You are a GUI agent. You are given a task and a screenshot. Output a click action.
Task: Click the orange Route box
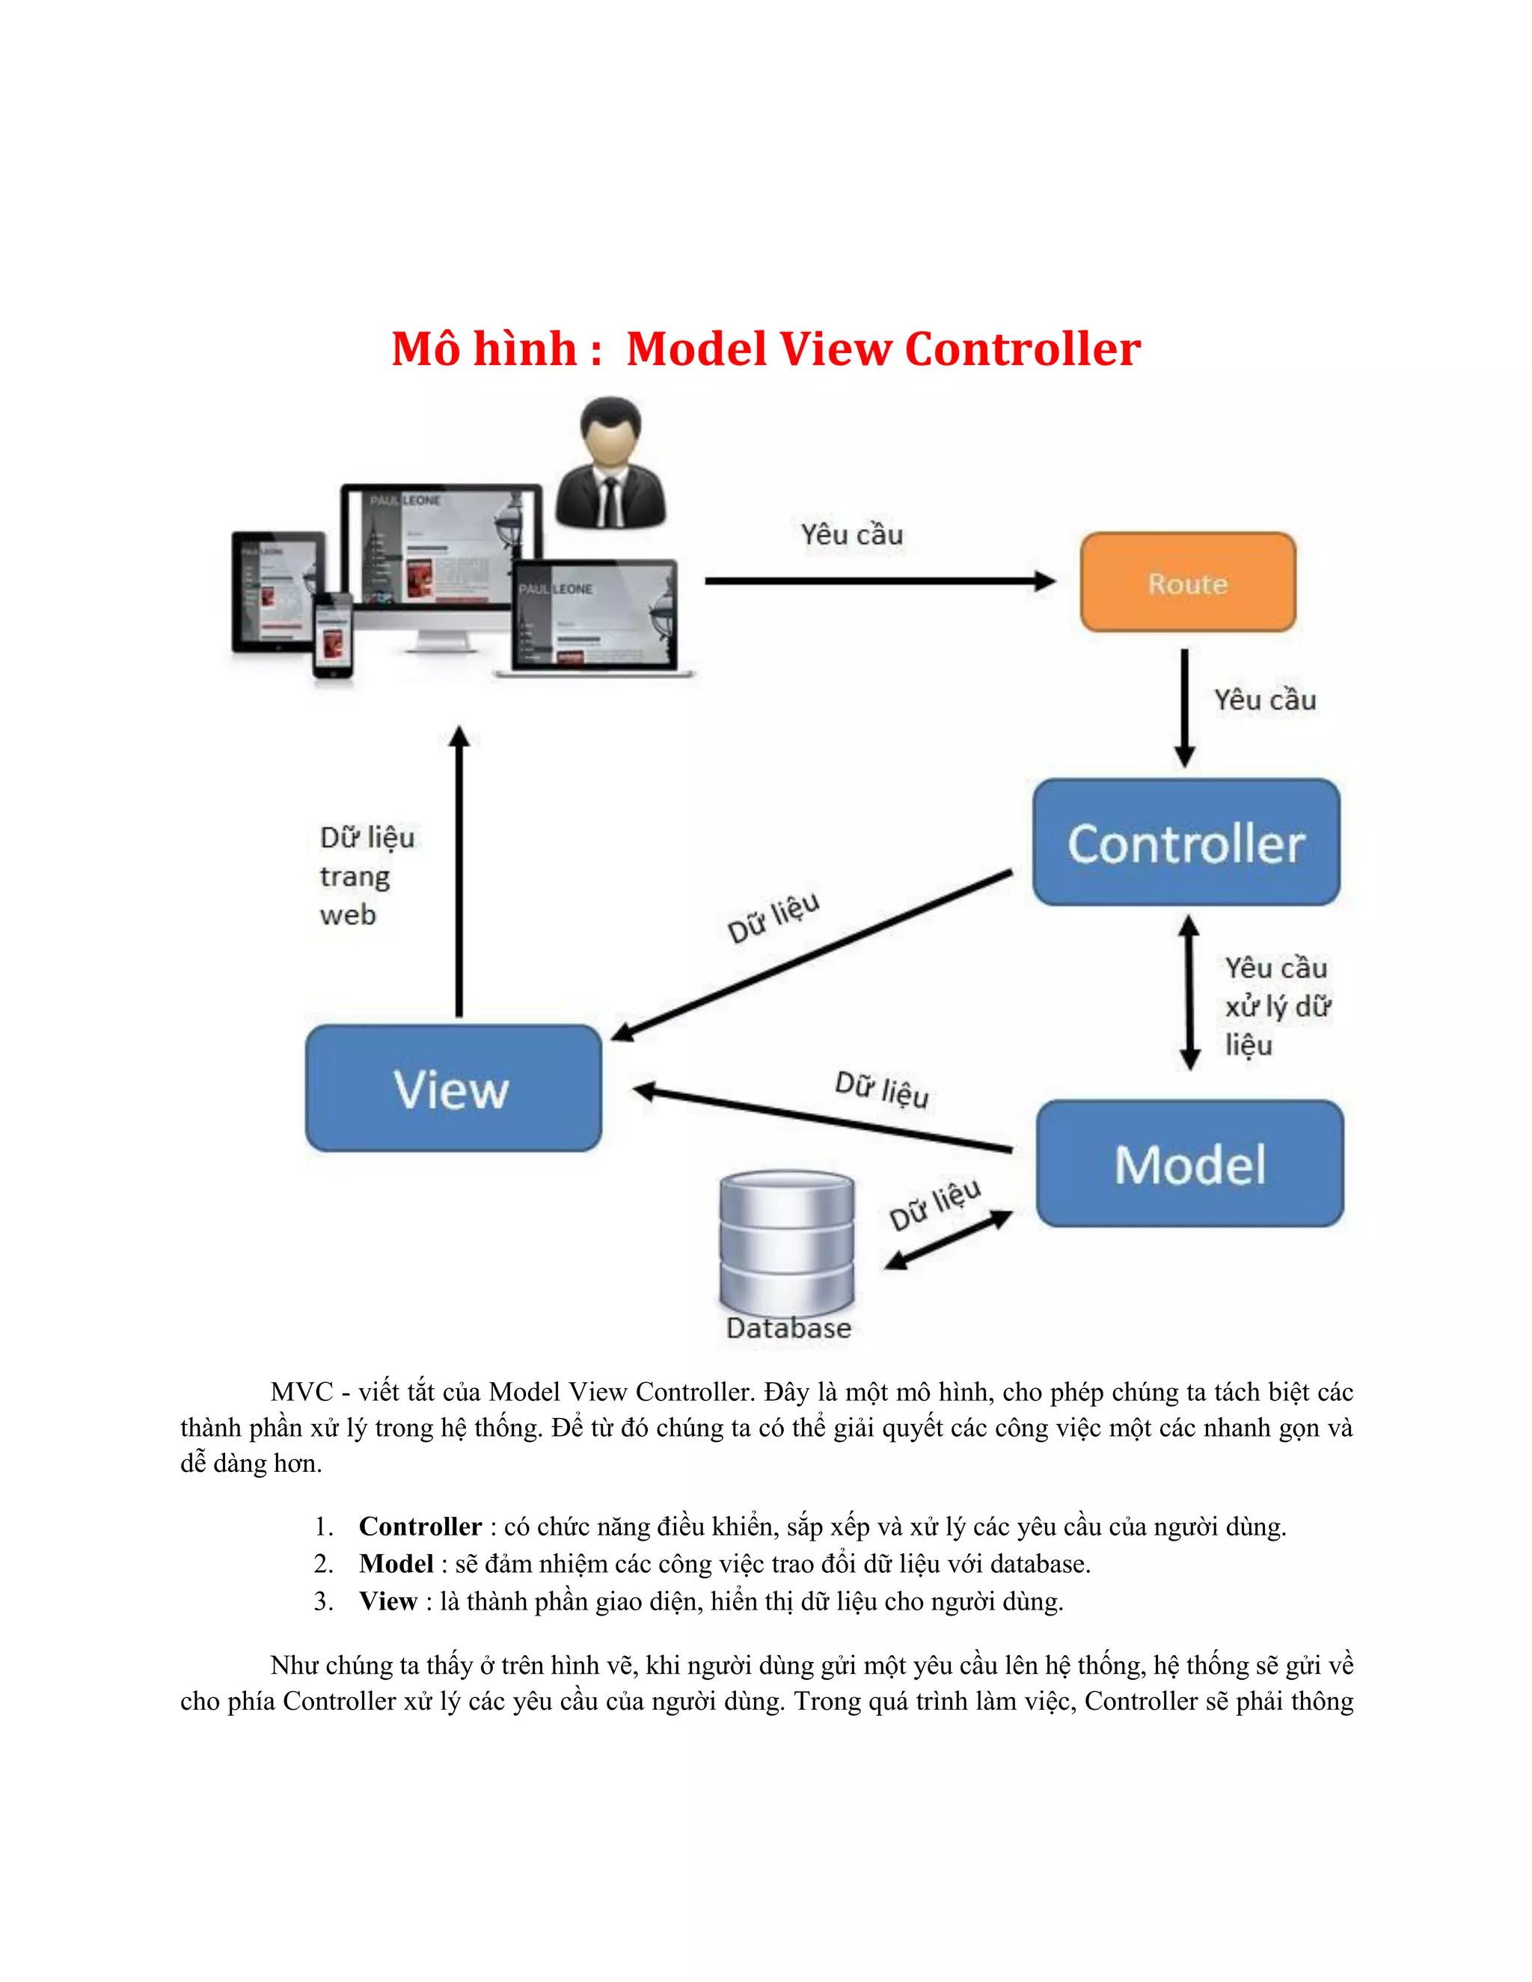[x=1187, y=583]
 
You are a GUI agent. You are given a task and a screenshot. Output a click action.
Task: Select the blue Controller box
[x=1186, y=842]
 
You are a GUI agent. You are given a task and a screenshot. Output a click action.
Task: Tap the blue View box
[x=453, y=1088]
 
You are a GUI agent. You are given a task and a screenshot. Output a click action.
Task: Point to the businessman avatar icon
[x=610, y=464]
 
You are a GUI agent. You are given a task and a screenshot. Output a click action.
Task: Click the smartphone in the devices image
[x=333, y=635]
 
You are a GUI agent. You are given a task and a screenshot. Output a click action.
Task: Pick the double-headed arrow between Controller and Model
[x=1189, y=992]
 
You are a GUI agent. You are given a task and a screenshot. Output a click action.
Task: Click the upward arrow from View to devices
[x=459, y=871]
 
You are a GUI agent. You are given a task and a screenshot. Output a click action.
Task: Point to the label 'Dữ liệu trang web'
[x=366, y=876]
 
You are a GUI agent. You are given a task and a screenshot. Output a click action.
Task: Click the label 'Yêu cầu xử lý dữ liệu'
[x=1276, y=1007]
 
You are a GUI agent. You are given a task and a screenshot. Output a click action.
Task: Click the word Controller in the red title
[x=1023, y=349]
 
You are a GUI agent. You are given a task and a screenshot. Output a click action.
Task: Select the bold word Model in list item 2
[x=396, y=1564]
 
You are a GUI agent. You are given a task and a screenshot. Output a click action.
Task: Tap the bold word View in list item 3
[x=387, y=1601]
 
